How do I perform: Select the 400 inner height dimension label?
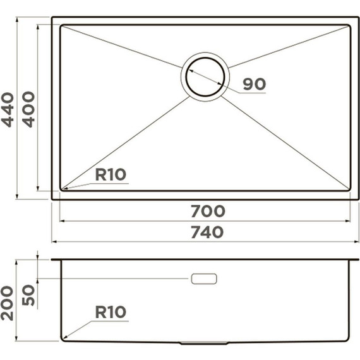click(x=29, y=109)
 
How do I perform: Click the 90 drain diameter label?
click(x=254, y=83)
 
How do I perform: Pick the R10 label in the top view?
click(x=112, y=174)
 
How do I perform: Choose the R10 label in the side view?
click(x=111, y=312)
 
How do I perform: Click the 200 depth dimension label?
click(x=8, y=302)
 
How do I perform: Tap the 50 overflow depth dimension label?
click(x=29, y=294)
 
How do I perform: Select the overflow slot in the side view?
click(x=203, y=279)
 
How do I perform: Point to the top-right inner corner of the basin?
click(x=348, y=27)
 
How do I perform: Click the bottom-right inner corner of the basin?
click(x=348, y=188)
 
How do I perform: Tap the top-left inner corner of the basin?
click(x=62, y=27)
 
